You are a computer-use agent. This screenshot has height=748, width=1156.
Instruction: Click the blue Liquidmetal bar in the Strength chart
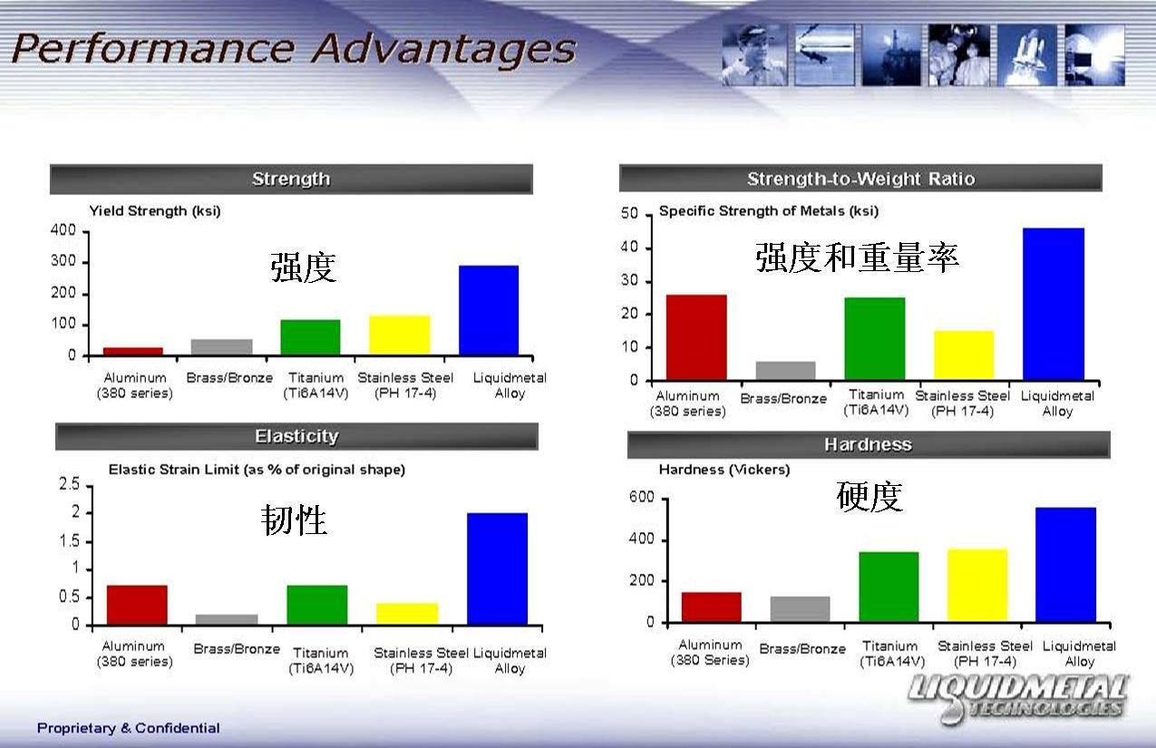click(489, 310)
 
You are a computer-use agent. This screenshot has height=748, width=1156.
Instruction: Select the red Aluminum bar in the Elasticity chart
click(137, 605)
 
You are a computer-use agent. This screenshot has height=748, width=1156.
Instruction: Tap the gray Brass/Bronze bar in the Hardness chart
click(800, 609)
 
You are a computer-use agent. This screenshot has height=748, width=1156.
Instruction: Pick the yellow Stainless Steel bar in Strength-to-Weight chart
click(964, 355)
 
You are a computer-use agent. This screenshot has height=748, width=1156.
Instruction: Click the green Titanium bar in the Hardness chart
click(889, 587)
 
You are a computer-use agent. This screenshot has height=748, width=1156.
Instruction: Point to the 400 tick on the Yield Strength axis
click(63, 230)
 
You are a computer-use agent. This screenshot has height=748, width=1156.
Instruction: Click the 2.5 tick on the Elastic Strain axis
click(69, 484)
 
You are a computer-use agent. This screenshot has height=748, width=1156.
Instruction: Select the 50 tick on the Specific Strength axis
click(629, 213)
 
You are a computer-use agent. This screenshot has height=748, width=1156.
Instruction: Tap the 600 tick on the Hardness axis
click(642, 497)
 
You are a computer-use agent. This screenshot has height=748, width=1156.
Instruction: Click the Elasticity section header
click(296, 437)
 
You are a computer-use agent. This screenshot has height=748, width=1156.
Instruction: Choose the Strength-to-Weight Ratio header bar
click(860, 179)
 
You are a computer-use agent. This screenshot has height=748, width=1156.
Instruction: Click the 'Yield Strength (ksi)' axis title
click(155, 211)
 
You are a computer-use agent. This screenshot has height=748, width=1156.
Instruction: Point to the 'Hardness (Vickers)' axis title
click(724, 470)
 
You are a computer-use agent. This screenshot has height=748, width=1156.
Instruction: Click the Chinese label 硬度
click(869, 496)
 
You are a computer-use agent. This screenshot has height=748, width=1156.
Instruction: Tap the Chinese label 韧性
click(294, 520)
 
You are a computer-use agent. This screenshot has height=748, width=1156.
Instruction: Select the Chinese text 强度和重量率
click(857, 257)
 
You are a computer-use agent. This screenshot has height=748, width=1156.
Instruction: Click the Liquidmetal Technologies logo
click(1018, 698)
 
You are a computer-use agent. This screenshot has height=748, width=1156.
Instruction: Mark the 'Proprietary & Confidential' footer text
click(129, 728)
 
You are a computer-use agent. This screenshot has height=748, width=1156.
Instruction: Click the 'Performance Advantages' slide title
click(293, 49)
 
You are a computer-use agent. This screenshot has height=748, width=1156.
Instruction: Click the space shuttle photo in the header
click(1027, 54)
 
